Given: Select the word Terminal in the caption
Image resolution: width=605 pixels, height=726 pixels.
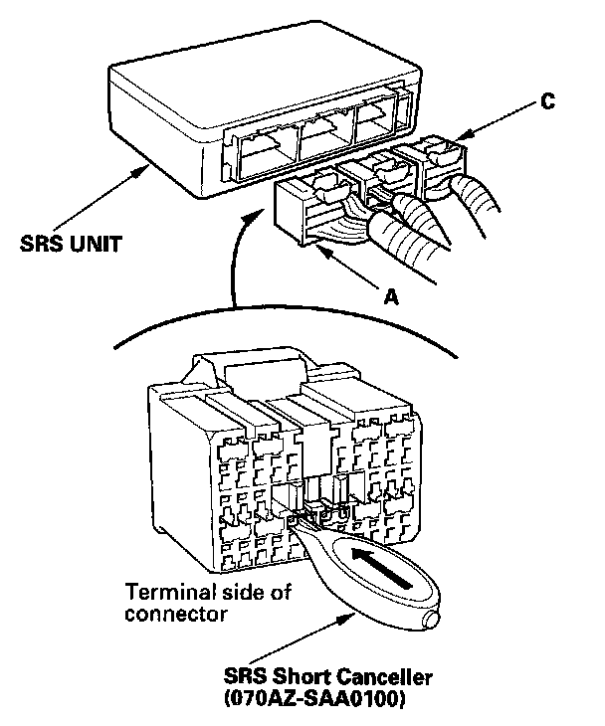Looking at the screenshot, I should pyautogui.click(x=164, y=594).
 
